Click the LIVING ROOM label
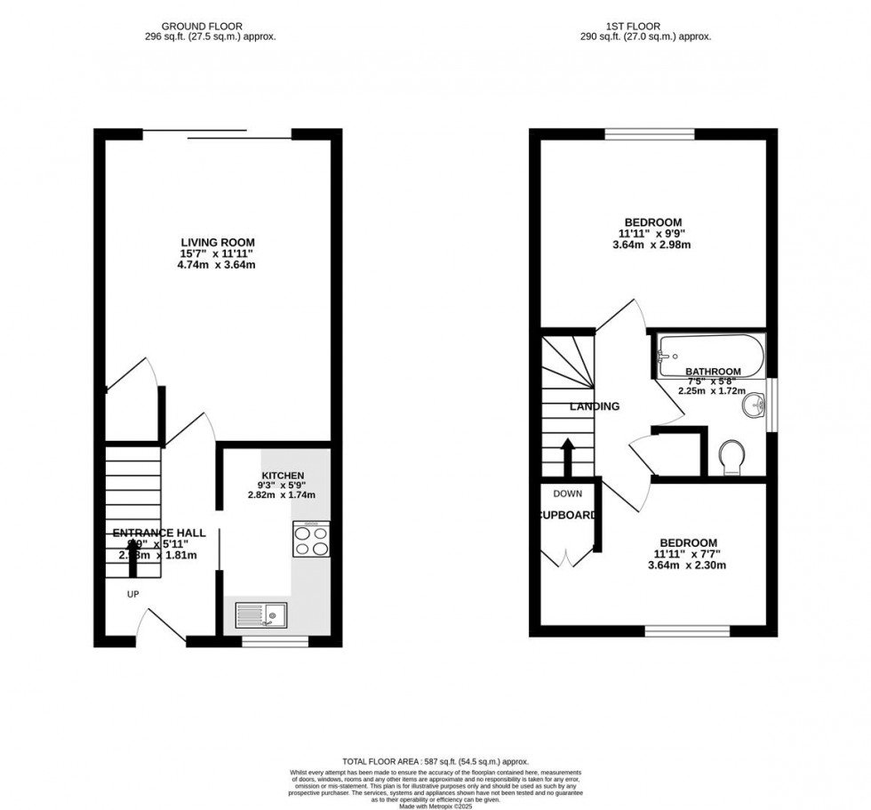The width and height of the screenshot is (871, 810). pos(218,242)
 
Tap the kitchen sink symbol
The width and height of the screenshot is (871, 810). pos(260,613)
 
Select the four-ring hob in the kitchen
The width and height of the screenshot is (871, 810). pos(310,539)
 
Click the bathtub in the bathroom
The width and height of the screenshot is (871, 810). pos(709,356)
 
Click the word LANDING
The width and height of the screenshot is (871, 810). pos(595,406)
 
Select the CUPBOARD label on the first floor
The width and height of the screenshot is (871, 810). pos(567,514)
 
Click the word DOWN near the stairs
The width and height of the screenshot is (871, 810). pos(567,493)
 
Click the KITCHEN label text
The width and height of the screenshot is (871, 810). pos(283,476)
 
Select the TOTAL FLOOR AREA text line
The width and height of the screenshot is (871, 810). pos(435,761)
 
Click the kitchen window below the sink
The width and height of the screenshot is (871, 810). pos(275,639)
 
